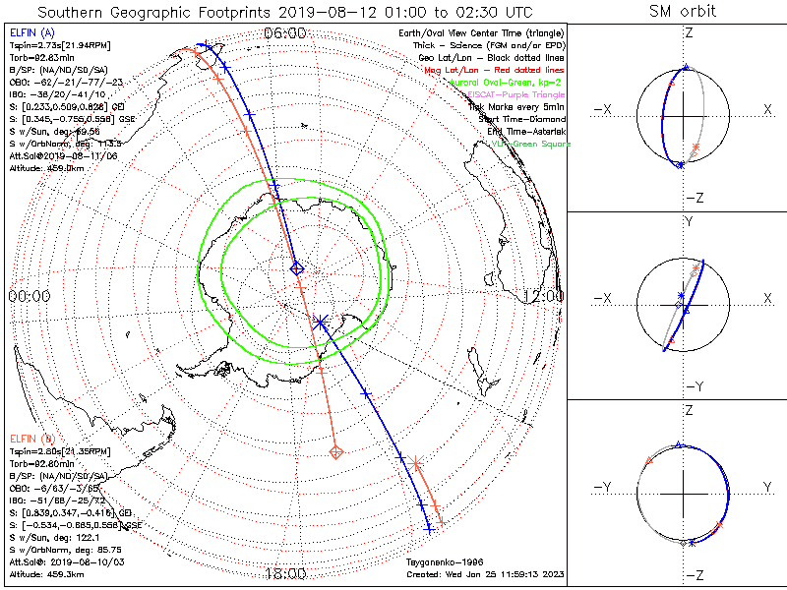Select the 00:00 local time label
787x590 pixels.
tap(30, 295)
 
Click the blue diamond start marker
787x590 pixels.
tap(298, 267)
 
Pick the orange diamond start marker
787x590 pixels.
tap(336, 452)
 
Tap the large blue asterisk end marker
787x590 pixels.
tap(320, 322)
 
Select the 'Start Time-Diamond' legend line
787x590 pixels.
tap(519, 118)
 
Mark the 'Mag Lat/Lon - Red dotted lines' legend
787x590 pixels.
tap(498, 70)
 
